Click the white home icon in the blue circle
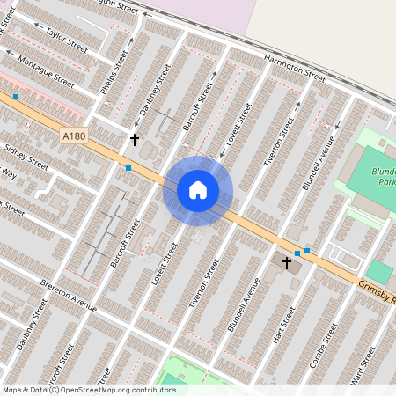click(x=198, y=189)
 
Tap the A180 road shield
click(x=74, y=136)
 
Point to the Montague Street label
click(x=47, y=69)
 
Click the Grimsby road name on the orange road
click(x=377, y=292)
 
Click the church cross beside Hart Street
click(x=286, y=262)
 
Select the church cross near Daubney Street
click(x=135, y=139)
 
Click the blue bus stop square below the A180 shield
click(x=129, y=167)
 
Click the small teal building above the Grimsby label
click(x=379, y=271)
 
